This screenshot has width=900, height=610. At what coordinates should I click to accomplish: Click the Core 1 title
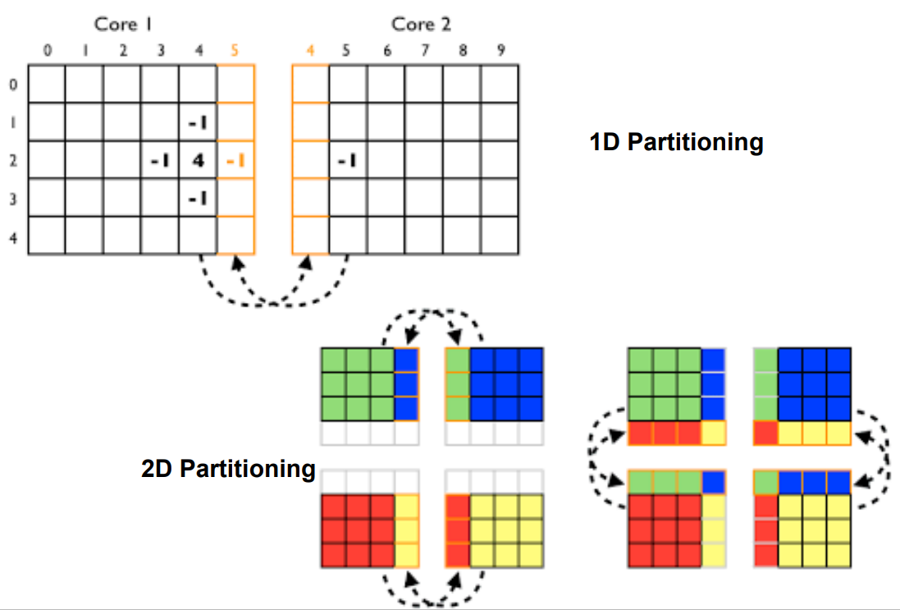pos(123,24)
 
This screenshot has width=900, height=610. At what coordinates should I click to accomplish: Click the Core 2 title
pos(421,24)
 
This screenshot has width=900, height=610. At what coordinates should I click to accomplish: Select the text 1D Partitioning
pos(676,142)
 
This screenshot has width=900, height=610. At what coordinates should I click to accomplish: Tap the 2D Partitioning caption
pos(228,469)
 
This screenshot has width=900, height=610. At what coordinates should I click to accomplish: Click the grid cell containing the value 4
pos(198,159)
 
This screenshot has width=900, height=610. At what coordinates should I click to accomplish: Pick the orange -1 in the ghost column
pos(235,160)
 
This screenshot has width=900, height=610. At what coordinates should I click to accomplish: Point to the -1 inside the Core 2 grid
pos(347,160)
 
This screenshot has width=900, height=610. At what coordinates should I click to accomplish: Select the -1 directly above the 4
pos(198,122)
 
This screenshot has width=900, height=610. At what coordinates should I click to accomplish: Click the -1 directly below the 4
pos(198,199)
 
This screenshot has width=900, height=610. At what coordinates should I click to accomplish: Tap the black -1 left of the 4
pos(159,160)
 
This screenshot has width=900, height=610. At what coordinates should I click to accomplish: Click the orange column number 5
pos(234,51)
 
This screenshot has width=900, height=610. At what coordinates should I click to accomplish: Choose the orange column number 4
pos(310,51)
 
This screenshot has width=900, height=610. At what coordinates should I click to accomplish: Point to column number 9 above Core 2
pos(501,51)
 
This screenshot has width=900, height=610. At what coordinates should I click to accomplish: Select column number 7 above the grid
pos(425,51)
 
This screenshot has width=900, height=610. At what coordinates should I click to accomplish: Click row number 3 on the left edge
pos(13,200)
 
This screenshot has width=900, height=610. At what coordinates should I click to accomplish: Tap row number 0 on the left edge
pos(13,85)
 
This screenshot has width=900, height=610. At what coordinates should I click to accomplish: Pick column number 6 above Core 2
pos(387,51)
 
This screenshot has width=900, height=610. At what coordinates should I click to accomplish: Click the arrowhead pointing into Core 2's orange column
pos(307,263)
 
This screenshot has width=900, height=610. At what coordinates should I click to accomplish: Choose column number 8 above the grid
pos(464,51)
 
